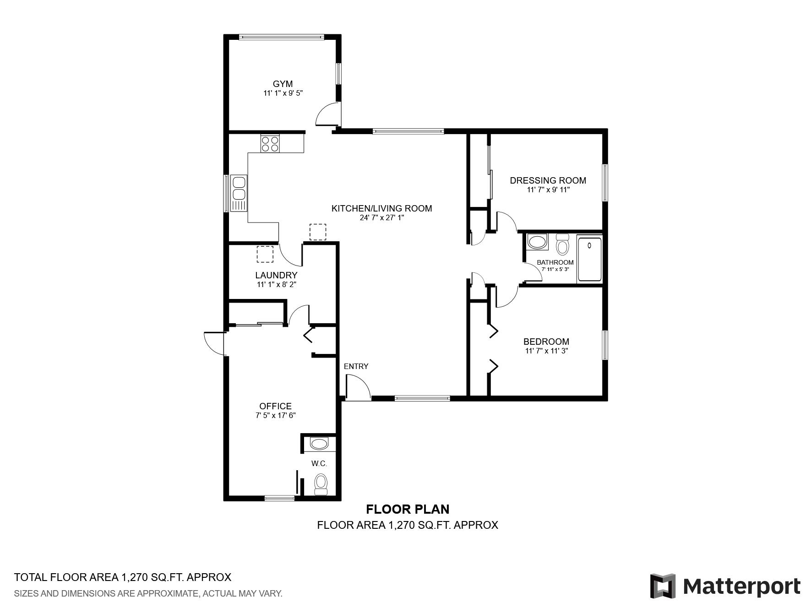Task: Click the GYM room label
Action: pos(283,84)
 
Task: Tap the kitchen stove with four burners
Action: pos(270,143)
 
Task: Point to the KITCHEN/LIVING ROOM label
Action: pos(381,208)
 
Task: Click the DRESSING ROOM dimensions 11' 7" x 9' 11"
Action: pos(548,190)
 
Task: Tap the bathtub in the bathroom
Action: pos(589,259)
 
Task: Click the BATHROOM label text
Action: pos(555,262)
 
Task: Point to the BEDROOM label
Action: pos(546,342)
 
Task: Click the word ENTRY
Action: pos(356,366)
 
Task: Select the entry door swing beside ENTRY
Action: pos(358,387)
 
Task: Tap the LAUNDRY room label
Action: pos(276,275)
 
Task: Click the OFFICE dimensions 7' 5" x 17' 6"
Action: pos(276,416)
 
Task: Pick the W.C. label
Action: pos(319,464)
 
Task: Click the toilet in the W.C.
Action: pos(321,484)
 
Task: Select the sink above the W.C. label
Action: pos(319,444)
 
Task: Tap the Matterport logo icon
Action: pos(663,586)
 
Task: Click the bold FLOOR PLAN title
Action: pos(408,509)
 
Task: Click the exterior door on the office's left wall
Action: pos(215,343)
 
